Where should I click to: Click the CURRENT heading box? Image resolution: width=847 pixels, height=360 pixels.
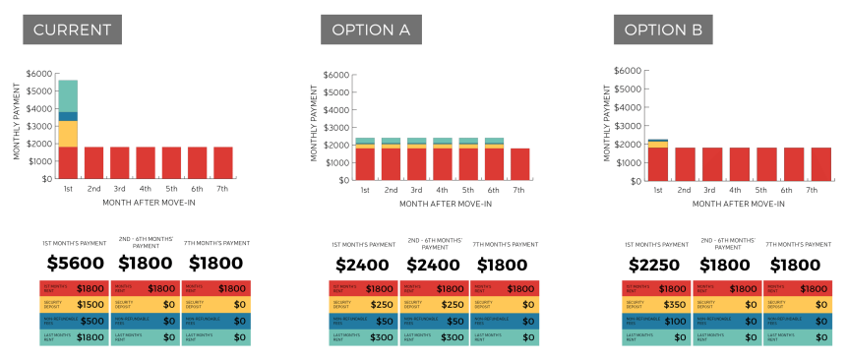pos(73,30)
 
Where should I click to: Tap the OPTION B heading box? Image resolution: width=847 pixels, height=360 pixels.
pos(664,30)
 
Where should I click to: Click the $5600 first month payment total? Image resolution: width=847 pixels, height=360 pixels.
pos(75,264)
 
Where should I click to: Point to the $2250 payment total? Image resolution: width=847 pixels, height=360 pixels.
pos(656,264)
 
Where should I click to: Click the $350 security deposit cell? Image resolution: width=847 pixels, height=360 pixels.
pos(656,304)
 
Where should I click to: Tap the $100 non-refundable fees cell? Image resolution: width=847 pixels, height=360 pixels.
pos(656,321)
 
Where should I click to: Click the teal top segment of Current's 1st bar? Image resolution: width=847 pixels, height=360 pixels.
pos(68,95)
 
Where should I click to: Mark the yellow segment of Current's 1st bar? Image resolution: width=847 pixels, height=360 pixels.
pos(68,134)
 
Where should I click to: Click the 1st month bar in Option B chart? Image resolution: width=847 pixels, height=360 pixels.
pos(658,162)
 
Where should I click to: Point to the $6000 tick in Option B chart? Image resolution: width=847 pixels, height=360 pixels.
pos(627,72)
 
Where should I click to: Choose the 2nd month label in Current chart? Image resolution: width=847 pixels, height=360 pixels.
pos(93,188)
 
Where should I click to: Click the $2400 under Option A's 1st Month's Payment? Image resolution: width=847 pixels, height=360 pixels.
pos(363,264)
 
